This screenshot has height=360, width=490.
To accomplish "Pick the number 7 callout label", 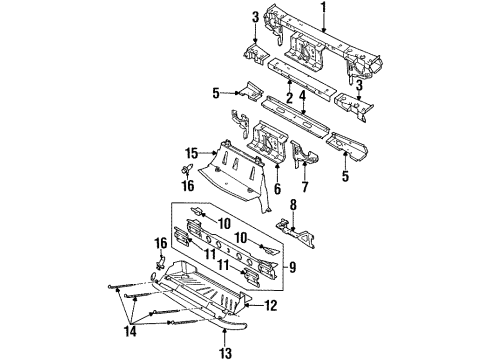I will [x=306, y=185].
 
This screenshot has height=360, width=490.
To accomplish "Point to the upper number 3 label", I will [x=255, y=17].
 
